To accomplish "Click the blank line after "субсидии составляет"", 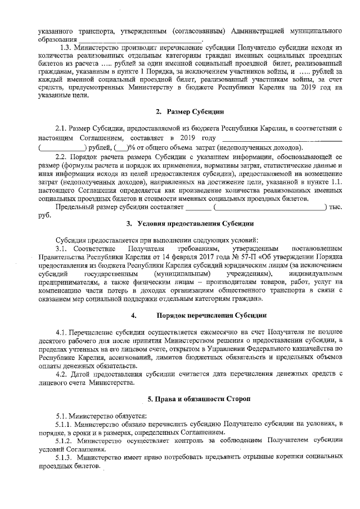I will click(197, 208).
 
